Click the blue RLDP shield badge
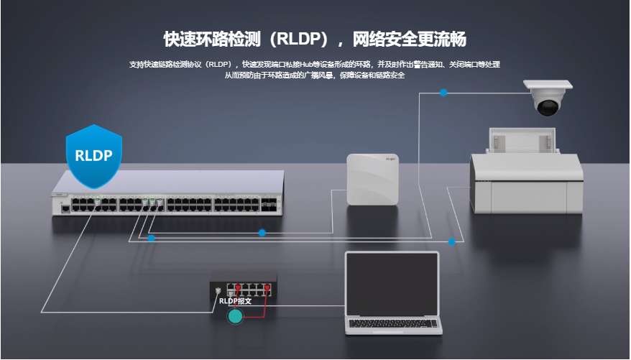pyautogui.click(x=93, y=156)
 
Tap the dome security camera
pyautogui.click(x=548, y=98)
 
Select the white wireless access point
pyautogui.click(x=373, y=180)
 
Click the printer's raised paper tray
pyautogui.click(x=522, y=140)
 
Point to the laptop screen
pyautogui.click(x=392, y=285)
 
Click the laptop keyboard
pyautogui.click(x=392, y=324)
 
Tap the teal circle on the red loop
pyautogui.click(x=236, y=317)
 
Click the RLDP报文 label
pyautogui.click(x=236, y=301)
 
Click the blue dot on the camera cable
pyautogui.click(x=443, y=93)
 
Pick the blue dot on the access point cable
pyautogui.click(x=262, y=233)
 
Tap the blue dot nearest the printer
pyautogui.click(x=451, y=241)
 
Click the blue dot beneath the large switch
pyautogui.click(x=152, y=238)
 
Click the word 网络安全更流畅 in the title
pyautogui.click(x=410, y=40)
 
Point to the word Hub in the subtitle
pyautogui.click(x=306, y=65)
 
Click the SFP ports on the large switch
pyautogui.click(x=268, y=204)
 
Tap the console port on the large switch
pyautogui.click(x=65, y=209)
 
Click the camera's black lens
pyautogui.click(x=548, y=108)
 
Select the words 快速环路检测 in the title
pyautogui.click(x=213, y=40)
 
